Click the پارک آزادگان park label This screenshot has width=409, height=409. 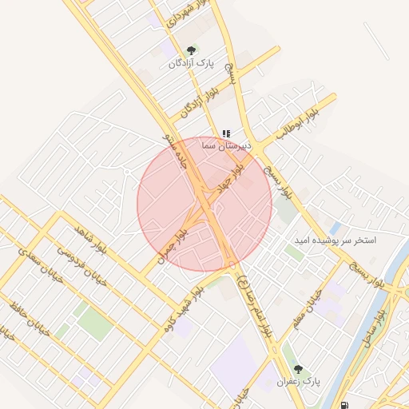click(x=192, y=62)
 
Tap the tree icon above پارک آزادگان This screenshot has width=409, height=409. click(x=190, y=50)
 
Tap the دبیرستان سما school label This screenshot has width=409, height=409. click(x=226, y=145)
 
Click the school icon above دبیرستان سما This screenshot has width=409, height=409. click(x=227, y=133)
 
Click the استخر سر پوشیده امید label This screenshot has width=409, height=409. click(x=336, y=240)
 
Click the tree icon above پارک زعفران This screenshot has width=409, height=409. click(x=299, y=369)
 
